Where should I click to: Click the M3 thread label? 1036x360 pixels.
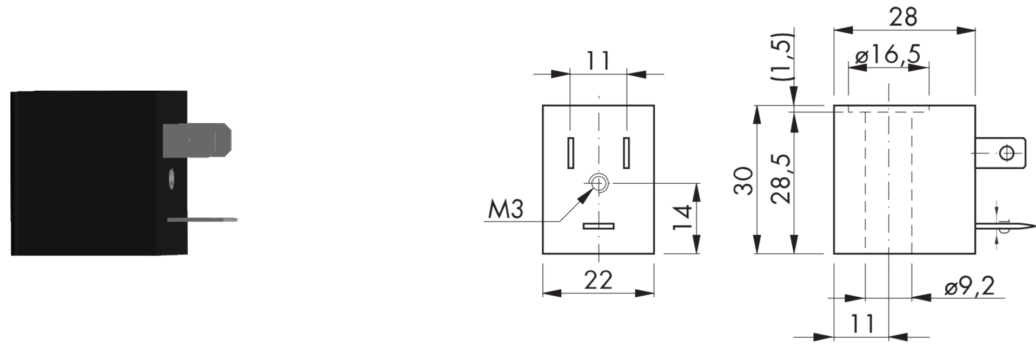(x=506, y=209)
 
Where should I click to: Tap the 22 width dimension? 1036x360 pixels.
(x=599, y=280)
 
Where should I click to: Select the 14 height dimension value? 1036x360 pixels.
(x=683, y=217)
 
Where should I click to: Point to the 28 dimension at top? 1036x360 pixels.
(x=904, y=17)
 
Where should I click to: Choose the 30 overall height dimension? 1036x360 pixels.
(x=744, y=181)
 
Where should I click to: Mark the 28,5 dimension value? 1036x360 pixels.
(x=781, y=178)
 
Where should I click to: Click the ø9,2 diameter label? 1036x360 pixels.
(x=969, y=286)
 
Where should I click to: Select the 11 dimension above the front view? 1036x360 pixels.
(x=599, y=61)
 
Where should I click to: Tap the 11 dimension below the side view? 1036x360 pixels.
(x=862, y=324)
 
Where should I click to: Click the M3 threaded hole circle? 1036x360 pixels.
(x=599, y=184)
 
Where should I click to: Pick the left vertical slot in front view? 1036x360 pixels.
(x=570, y=152)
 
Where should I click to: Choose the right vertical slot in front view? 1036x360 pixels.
(x=627, y=152)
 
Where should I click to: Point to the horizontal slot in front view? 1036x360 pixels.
(x=599, y=226)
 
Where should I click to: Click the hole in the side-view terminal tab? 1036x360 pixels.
(x=1006, y=154)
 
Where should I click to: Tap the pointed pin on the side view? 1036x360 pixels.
(x=1005, y=226)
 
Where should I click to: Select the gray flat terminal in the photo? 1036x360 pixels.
(x=197, y=141)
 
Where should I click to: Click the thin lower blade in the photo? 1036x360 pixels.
(x=202, y=220)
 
